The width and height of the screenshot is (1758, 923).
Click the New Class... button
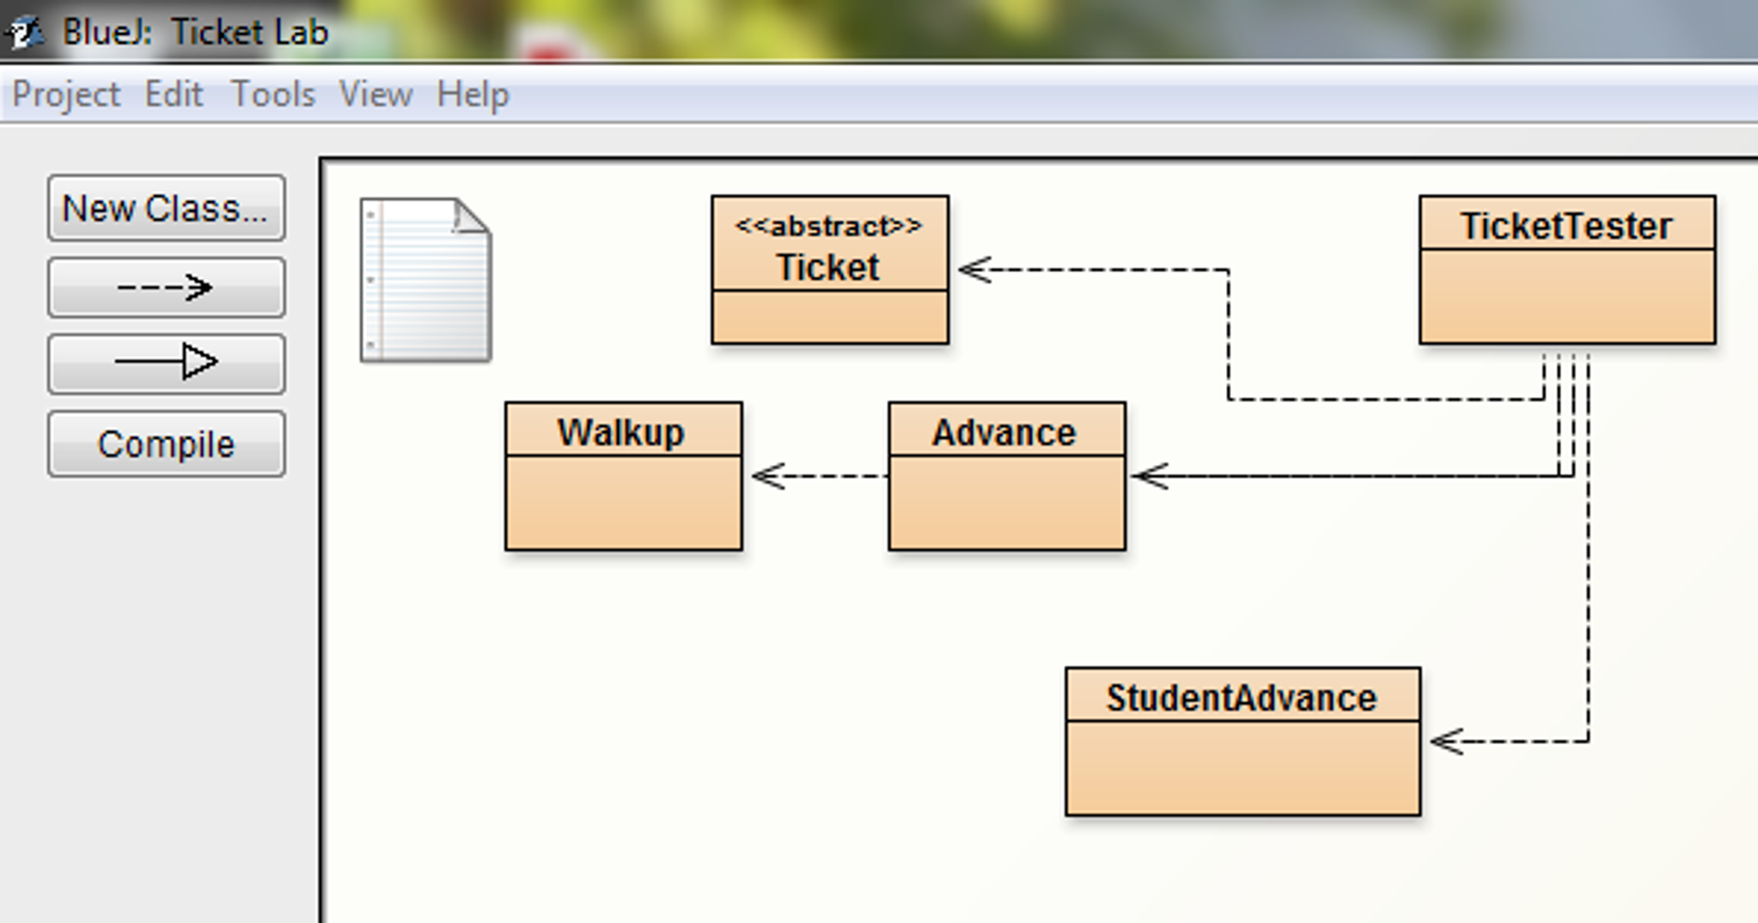coord(166,209)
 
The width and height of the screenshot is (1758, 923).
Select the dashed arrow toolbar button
coord(166,287)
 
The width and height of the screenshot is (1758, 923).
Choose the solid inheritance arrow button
coord(166,363)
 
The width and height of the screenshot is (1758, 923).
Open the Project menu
coord(66,95)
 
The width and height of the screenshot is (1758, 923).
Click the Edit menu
coord(174,95)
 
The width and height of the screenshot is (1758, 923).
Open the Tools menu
coord(273,95)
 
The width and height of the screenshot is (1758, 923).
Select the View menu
coord(375,95)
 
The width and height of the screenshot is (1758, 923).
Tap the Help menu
coord(473,95)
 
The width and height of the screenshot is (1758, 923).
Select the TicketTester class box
coord(1567,270)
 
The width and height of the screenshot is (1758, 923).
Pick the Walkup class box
coord(624,476)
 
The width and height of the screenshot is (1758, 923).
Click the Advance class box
coord(1007,476)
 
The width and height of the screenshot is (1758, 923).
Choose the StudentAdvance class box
coord(1242,742)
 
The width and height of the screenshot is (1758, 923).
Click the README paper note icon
coord(425,280)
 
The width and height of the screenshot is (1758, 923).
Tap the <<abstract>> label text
coord(828,227)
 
